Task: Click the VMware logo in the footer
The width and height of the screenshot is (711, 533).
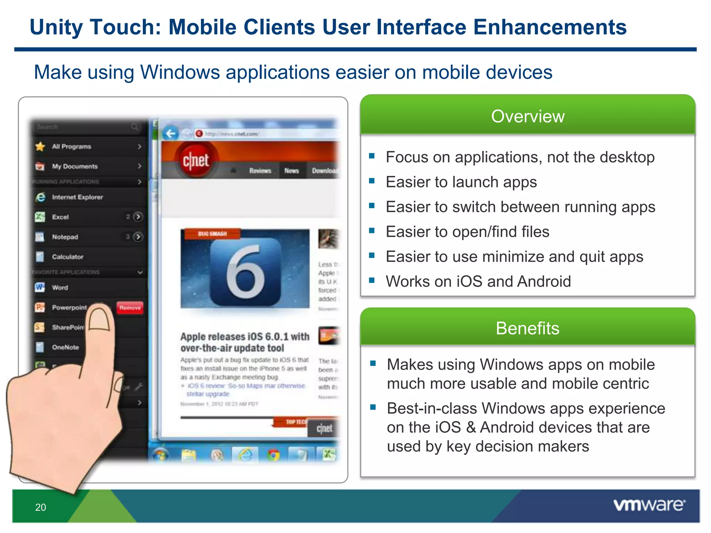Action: (649, 505)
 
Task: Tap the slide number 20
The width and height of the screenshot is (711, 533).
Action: (41, 507)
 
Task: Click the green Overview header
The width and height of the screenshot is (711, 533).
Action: (528, 116)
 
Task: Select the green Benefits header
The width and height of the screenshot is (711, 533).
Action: (528, 328)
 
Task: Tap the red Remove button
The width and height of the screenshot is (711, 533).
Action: (130, 308)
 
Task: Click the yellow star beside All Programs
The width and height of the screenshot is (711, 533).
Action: (40, 146)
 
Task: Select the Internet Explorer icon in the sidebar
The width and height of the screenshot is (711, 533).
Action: (40, 197)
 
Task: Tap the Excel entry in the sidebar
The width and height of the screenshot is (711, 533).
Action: (60, 217)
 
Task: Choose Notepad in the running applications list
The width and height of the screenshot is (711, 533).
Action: (65, 237)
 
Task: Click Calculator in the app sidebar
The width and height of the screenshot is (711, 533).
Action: (68, 257)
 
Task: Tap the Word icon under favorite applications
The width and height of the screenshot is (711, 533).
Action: (40, 287)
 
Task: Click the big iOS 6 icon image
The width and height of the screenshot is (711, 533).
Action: (245, 269)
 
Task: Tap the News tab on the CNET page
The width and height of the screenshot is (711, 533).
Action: (292, 171)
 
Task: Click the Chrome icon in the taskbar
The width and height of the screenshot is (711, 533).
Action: (274, 455)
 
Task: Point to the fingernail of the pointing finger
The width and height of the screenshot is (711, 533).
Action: (100, 318)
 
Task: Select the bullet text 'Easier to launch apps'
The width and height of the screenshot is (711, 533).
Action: (461, 182)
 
